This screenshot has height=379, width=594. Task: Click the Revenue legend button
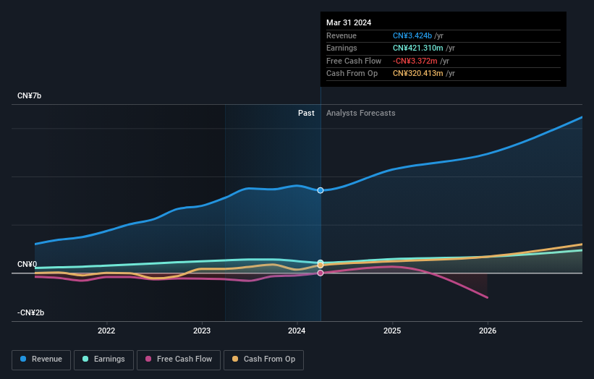pyautogui.click(x=41, y=359)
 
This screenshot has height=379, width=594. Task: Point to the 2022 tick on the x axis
pyautogui.click(x=106, y=331)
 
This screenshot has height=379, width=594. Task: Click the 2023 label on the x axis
pyautogui.click(x=202, y=331)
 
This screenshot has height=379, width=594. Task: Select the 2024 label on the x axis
pyautogui.click(x=297, y=331)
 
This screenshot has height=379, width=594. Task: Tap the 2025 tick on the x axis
pyautogui.click(x=392, y=331)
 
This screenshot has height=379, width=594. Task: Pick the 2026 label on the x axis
pyautogui.click(x=488, y=331)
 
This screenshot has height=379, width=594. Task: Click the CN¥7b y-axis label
pyautogui.click(x=30, y=96)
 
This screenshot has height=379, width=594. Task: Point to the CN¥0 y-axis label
pyautogui.click(x=27, y=265)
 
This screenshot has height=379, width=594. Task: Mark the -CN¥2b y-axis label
pyautogui.click(x=31, y=312)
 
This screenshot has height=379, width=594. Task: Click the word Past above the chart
pyautogui.click(x=306, y=113)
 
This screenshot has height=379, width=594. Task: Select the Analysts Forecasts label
pyautogui.click(x=361, y=113)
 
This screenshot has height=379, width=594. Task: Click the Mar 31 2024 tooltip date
pyautogui.click(x=349, y=22)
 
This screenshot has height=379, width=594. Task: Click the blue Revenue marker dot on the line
pyautogui.click(x=321, y=190)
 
